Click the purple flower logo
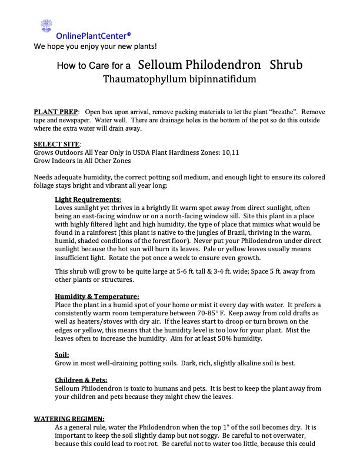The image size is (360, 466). [x=46, y=25]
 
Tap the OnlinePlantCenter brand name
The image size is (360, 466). [x=94, y=35]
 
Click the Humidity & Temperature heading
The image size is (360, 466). [x=96, y=296]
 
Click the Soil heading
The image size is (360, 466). [x=62, y=354]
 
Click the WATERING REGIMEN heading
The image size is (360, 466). [x=69, y=418]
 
